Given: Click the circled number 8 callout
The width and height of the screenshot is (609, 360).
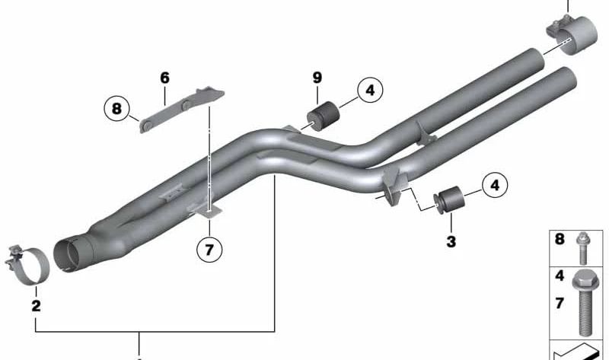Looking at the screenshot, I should (x=116, y=110).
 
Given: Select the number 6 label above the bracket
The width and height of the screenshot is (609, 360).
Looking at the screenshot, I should (x=164, y=78).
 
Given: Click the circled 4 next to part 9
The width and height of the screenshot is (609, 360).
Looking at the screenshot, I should (x=369, y=92).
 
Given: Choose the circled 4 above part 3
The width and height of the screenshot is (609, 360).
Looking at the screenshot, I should (x=495, y=184).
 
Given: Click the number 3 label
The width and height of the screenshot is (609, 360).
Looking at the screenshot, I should (x=451, y=242).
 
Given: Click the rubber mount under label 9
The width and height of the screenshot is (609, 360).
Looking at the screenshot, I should (x=324, y=114).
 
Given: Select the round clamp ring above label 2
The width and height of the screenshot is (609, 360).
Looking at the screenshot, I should (x=30, y=265).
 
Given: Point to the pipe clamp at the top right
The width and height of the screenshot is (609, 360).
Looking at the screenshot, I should (x=566, y=34).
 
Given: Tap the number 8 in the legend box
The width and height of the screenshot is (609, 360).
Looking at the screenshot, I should (x=560, y=240).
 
